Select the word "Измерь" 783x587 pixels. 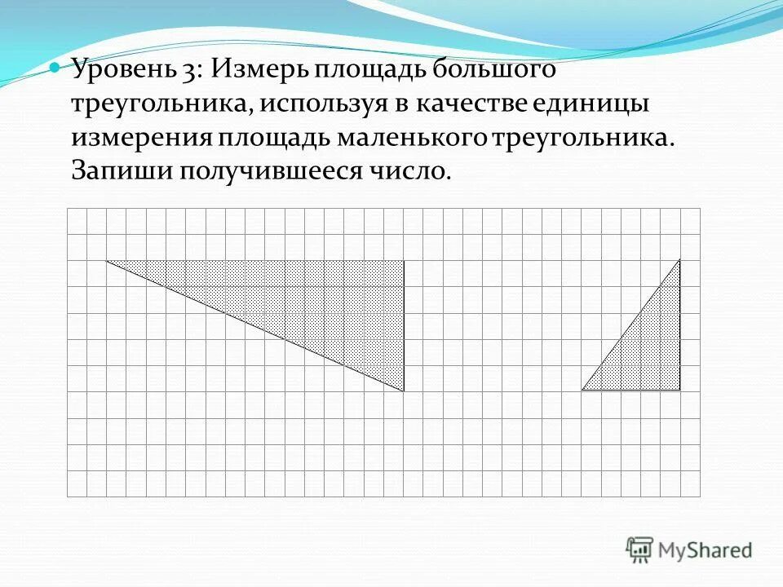pos(259,71)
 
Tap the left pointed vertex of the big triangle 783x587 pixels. pos(107,261)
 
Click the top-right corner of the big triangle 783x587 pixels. pos(404,261)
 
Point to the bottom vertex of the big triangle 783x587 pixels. pos(404,391)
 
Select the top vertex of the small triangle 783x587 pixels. pos(679,260)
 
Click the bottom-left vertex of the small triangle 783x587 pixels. pos(582,390)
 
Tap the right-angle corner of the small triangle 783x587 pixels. pos(679,390)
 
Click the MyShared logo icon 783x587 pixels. pos(639,549)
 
